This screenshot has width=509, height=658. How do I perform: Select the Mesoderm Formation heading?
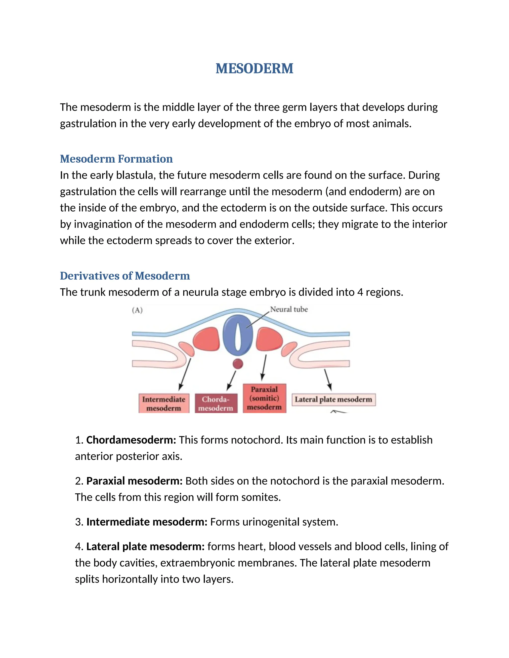pos(116,159)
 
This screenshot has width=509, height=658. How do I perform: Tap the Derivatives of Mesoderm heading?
pos(125,276)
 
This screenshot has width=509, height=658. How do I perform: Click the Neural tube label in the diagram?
pos(289,309)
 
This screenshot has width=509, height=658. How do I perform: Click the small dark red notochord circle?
pos(238,364)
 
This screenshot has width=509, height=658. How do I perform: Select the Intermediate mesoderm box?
pos(164,403)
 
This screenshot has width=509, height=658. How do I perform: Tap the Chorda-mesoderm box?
pos(216,403)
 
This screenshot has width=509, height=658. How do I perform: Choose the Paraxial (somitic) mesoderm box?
pos(264,398)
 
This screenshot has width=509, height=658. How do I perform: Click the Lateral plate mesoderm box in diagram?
pos(334,400)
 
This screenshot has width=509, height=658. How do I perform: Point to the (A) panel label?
pos(137,310)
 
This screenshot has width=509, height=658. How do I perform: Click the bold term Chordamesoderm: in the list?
pos(131,440)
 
